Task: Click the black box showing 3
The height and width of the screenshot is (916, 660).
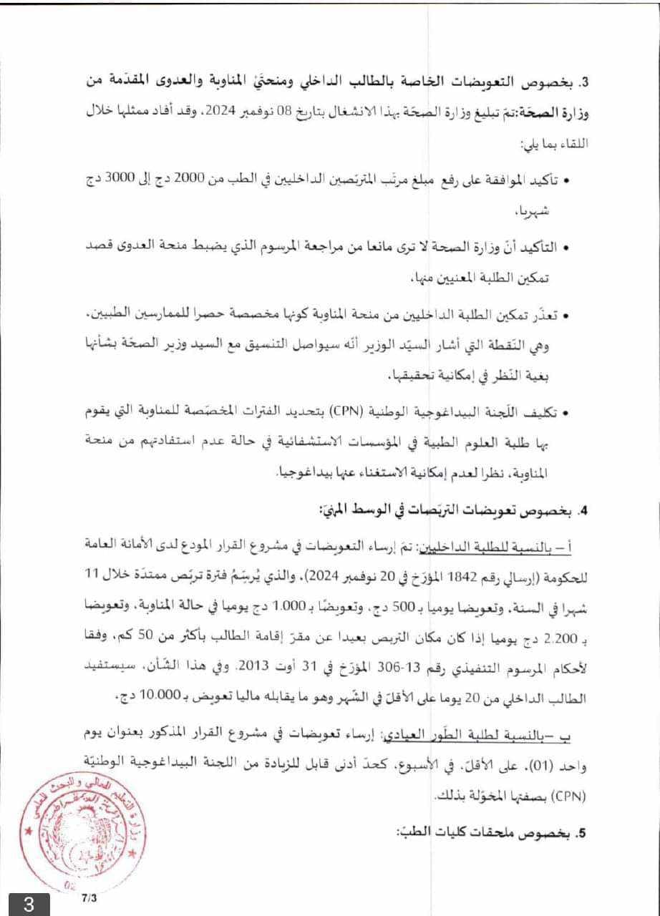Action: [x=29, y=904]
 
